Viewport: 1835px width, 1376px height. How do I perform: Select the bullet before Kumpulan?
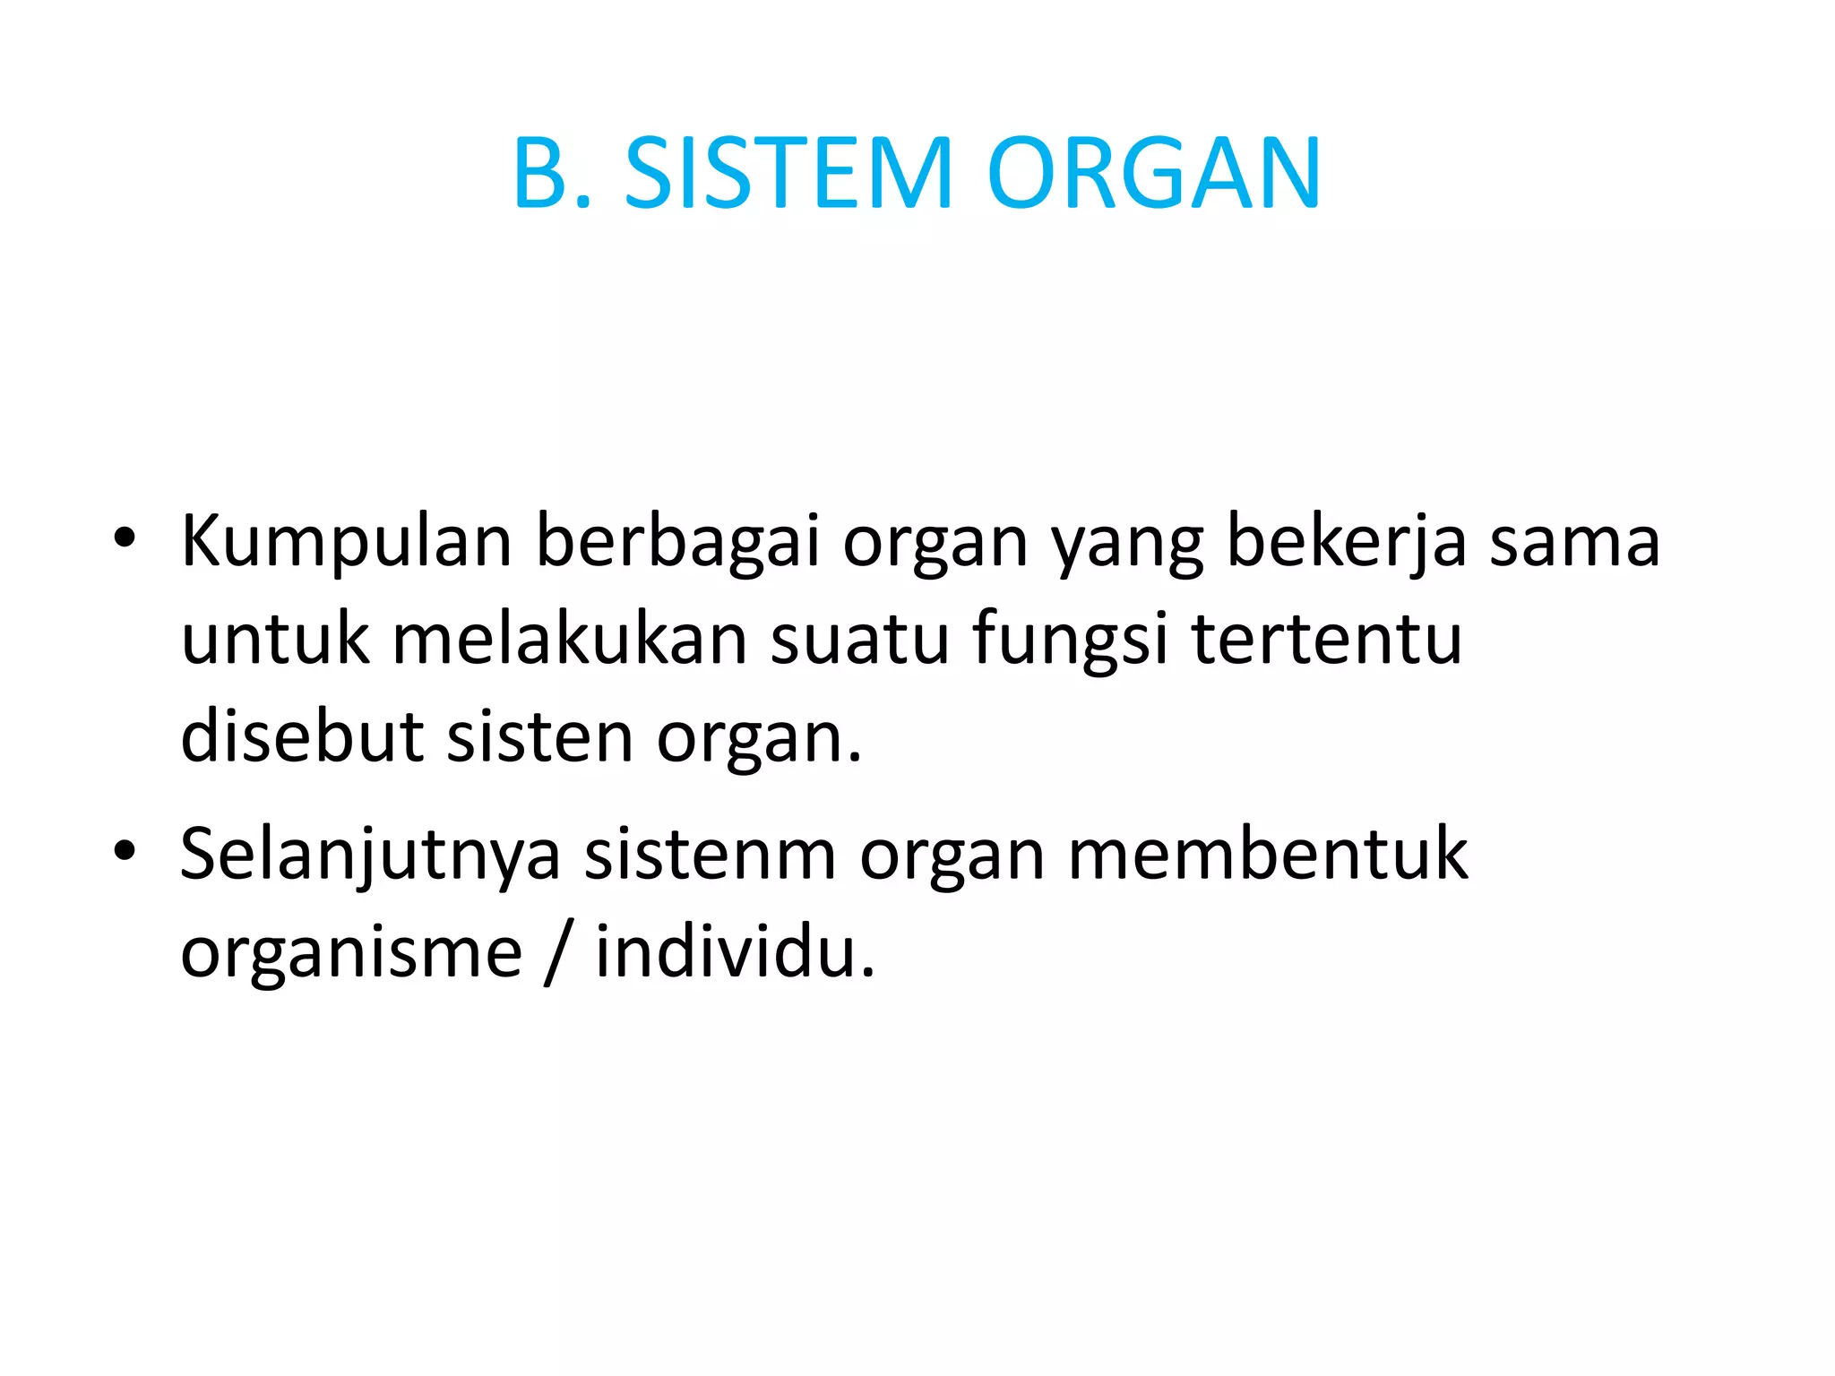point(125,537)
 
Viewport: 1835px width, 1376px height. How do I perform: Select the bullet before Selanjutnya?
point(125,850)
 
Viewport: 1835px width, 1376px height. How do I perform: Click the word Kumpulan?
point(346,542)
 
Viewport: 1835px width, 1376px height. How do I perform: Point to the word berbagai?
point(677,542)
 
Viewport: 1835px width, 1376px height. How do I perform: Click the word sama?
point(1574,542)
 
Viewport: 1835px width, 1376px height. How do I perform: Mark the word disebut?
point(302,736)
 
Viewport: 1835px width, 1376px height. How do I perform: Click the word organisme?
point(351,951)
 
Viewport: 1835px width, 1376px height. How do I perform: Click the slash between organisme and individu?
point(558,951)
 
